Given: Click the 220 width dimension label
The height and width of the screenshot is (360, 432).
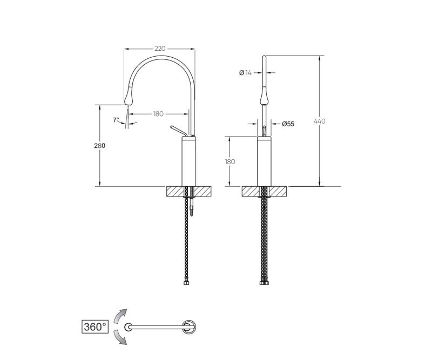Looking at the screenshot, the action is tap(160, 49).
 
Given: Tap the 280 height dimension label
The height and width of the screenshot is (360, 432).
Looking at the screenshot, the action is tap(99, 146).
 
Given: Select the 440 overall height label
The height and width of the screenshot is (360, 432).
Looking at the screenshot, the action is tap(320, 121).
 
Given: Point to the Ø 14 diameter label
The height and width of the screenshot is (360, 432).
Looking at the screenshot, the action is tap(246, 73).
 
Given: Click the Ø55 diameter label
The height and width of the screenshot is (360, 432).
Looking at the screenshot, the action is tap(288, 124).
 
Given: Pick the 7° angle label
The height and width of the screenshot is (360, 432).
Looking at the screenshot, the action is tap(116, 120).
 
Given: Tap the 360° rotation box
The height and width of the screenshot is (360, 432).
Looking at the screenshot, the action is tap(95, 327).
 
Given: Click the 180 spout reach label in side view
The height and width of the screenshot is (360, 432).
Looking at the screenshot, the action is tap(158, 114).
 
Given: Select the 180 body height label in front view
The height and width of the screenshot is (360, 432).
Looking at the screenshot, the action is tap(230, 162).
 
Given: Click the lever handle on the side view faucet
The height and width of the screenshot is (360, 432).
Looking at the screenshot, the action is tap(179, 131).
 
